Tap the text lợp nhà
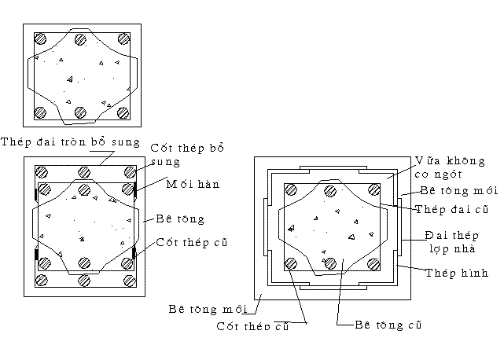[x=449, y=247]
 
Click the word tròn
[x=84, y=142]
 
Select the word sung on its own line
[x=165, y=163]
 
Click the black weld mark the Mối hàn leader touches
[x=136, y=189]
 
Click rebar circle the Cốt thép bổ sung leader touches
[x=128, y=172]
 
